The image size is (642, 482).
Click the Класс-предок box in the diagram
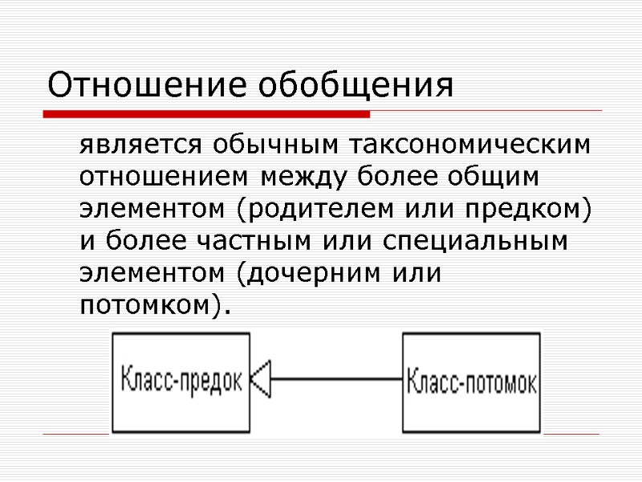(x=181, y=379)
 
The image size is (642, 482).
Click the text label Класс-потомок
(x=471, y=381)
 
